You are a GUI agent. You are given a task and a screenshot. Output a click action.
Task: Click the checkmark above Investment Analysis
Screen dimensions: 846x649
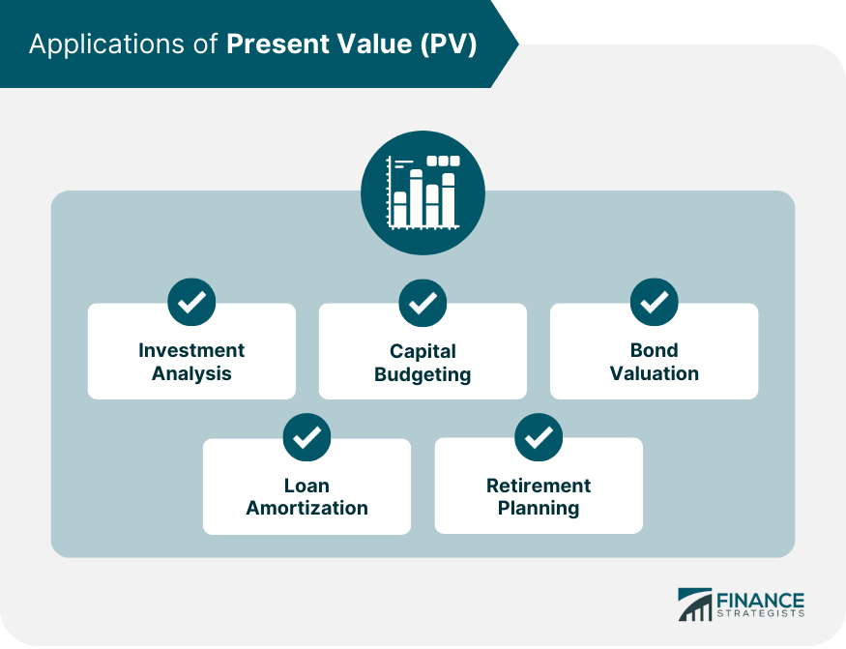click(x=191, y=303)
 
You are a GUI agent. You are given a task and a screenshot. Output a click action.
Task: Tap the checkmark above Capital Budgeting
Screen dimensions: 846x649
click(x=423, y=303)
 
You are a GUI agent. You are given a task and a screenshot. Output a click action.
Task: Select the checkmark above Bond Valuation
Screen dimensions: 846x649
click(x=654, y=303)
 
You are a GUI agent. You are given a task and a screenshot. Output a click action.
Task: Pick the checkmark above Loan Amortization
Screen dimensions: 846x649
click(x=306, y=437)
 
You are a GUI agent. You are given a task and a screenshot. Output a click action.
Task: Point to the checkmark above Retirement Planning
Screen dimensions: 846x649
click(x=539, y=437)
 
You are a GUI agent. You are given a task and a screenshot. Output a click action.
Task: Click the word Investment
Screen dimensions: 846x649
click(x=191, y=350)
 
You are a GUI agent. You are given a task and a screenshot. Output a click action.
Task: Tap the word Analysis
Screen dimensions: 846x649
click(x=191, y=373)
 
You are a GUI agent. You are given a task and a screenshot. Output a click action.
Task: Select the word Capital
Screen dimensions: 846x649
click(x=423, y=351)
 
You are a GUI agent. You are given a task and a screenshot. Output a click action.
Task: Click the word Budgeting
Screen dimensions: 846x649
click(x=423, y=374)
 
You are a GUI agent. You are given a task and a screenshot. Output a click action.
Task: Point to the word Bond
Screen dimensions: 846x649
click(x=654, y=350)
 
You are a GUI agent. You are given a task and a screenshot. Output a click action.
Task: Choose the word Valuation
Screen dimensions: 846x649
click(x=654, y=373)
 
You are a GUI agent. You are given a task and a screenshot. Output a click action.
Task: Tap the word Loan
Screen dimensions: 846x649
click(x=306, y=486)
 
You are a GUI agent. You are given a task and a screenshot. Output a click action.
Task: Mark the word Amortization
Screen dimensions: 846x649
click(x=306, y=508)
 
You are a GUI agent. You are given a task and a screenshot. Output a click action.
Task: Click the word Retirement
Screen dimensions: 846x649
click(x=539, y=486)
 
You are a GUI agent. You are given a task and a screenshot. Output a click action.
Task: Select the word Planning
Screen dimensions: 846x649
click(x=539, y=509)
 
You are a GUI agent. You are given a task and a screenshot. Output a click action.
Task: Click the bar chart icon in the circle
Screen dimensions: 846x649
click(x=423, y=192)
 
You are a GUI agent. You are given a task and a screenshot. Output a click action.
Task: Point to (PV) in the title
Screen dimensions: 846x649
click(x=449, y=44)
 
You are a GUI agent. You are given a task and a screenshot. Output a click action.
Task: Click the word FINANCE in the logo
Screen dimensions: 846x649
click(x=760, y=601)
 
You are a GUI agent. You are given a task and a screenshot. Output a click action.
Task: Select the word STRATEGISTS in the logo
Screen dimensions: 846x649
click(x=761, y=614)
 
